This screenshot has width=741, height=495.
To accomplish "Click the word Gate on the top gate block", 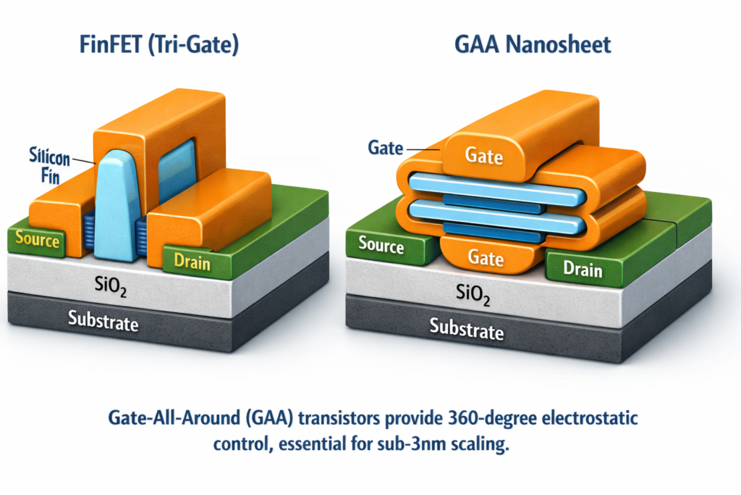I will click(484, 155).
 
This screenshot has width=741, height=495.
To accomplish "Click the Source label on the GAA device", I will click(381, 245).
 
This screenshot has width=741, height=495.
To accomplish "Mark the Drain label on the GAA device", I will click(583, 269).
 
